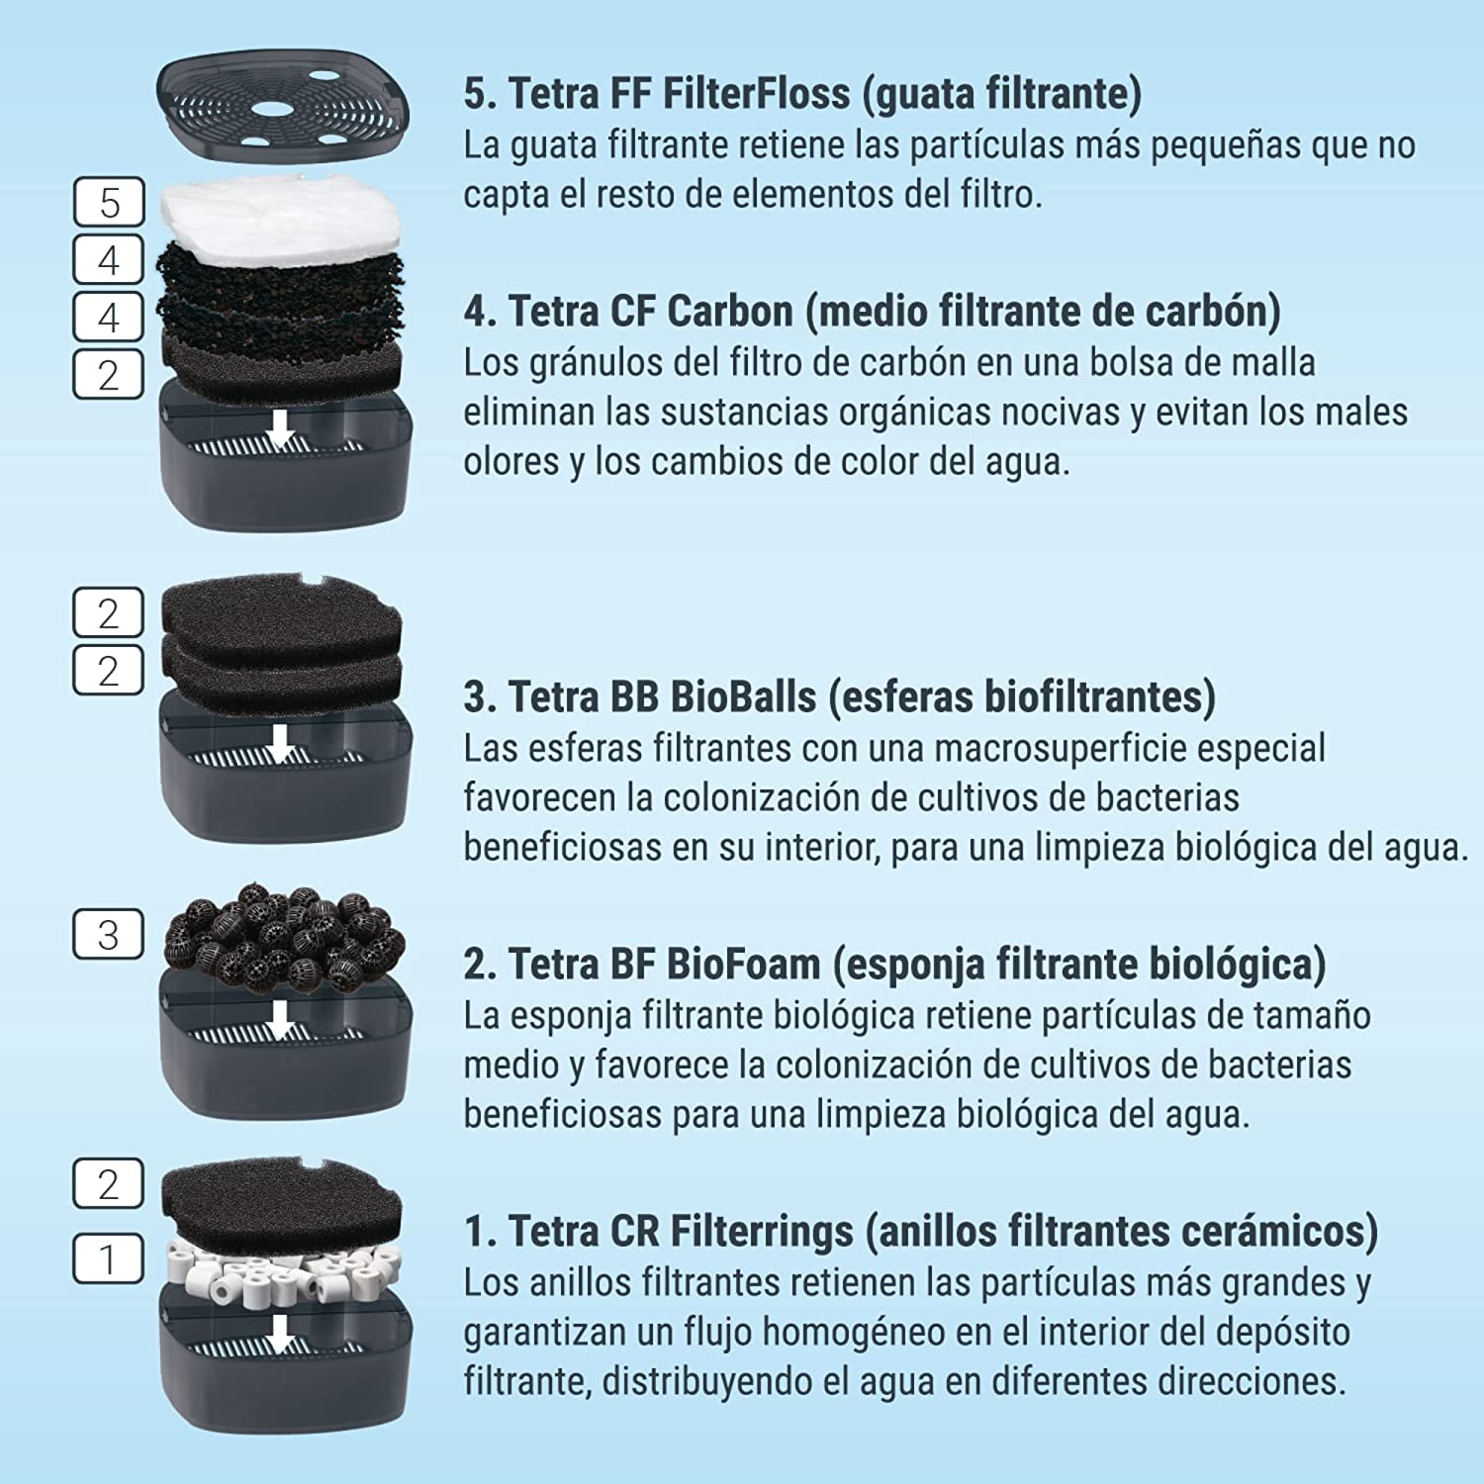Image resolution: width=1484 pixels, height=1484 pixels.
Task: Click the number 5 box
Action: tap(109, 203)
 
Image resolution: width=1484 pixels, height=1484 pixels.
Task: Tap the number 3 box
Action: tap(109, 935)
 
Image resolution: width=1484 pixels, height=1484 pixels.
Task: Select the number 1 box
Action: tap(109, 1259)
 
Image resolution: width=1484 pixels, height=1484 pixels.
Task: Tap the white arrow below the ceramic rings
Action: tap(281, 1334)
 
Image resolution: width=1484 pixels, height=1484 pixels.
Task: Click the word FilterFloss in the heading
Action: tap(756, 93)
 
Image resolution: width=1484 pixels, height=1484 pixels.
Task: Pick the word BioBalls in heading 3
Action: tap(743, 696)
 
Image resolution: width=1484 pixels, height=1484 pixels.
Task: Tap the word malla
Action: tap(1268, 363)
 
